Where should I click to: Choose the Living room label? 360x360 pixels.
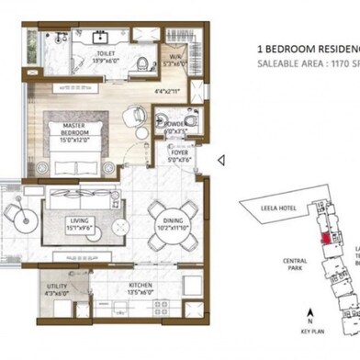pyautogui.click(x=81, y=221)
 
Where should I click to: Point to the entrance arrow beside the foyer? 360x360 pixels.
pyautogui.click(x=220, y=160)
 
